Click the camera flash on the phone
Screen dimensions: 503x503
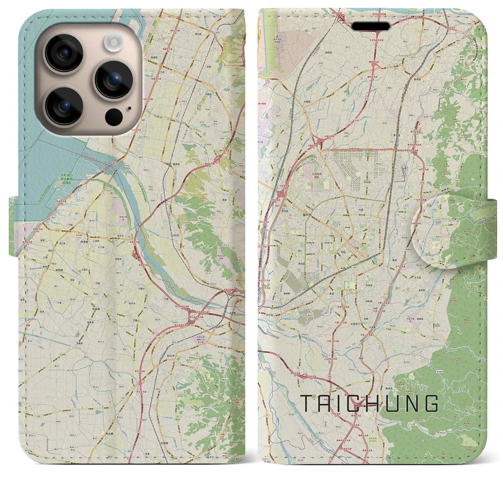click(x=114, y=41)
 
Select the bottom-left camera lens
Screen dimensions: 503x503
click(x=64, y=105)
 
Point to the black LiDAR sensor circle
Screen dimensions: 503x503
click(x=114, y=116)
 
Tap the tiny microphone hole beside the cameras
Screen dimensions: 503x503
click(x=129, y=108)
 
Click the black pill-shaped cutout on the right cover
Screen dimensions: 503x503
click(x=371, y=26)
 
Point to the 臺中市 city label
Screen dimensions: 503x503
click(x=312, y=215)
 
